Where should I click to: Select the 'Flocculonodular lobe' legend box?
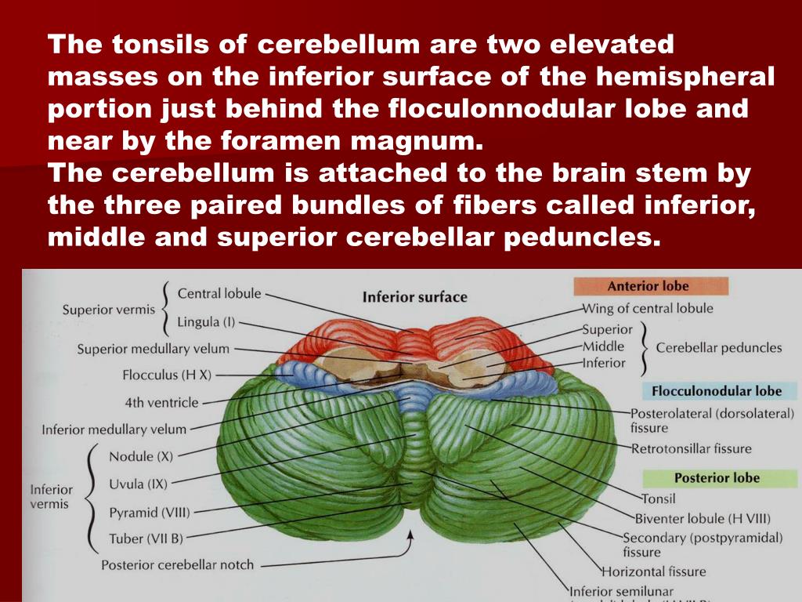click(712, 390)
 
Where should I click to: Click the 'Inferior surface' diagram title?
click(414, 297)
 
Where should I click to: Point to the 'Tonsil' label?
click(658, 498)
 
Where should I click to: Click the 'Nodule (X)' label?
click(141, 456)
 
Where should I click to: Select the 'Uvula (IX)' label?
click(138, 484)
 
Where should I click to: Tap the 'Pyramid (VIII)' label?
click(149, 513)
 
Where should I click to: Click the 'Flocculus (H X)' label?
click(167, 375)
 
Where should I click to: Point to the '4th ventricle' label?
click(162, 403)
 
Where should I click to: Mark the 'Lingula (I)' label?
click(206, 321)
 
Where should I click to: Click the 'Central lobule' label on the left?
click(219, 294)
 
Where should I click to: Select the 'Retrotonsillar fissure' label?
click(692, 448)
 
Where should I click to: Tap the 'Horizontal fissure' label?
click(653, 571)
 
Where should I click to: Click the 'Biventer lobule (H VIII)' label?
click(703, 518)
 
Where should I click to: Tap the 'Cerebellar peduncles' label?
click(719, 347)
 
